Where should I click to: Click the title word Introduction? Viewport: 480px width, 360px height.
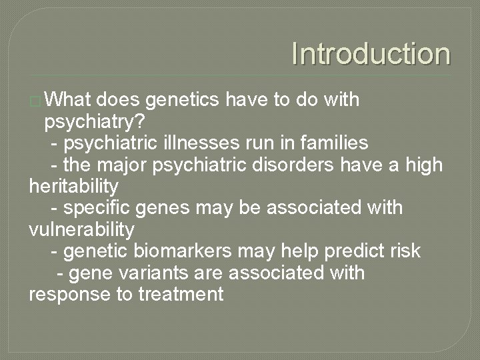(x=371, y=54)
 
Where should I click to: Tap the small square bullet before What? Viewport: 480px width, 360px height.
(x=35, y=101)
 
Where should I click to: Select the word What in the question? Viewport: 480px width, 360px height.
(x=69, y=100)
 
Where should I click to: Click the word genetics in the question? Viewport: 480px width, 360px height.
(x=183, y=100)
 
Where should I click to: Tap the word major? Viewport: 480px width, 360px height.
(x=124, y=164)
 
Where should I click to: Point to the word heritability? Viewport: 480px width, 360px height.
(x=74, y=185)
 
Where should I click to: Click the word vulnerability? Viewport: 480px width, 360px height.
(x=81, y=229)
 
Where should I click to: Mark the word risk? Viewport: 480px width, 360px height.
(x=405, y=251)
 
